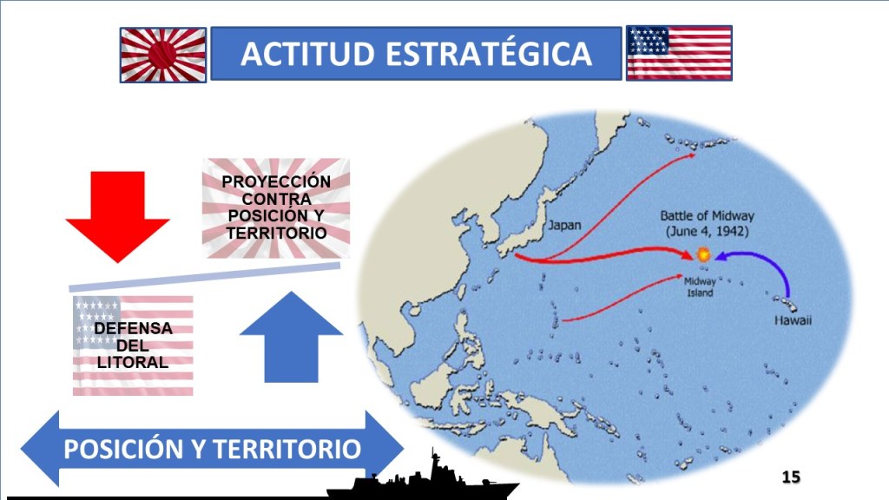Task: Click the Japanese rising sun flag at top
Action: [163, 55]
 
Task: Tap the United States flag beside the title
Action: [679, 53]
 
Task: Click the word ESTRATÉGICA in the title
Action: [489, 54]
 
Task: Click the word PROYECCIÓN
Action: [276, 182]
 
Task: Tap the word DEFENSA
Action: [133, 328]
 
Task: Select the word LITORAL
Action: [133, 362]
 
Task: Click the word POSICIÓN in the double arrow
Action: [123, 449]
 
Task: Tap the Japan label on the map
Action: [564, 226]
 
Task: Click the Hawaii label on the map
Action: [793, 320]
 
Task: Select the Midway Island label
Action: [700, 286]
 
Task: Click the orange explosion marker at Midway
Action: [703, 254]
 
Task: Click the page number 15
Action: [791, 477]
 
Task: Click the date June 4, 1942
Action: [707, 231]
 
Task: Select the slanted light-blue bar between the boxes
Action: [205, 277]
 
